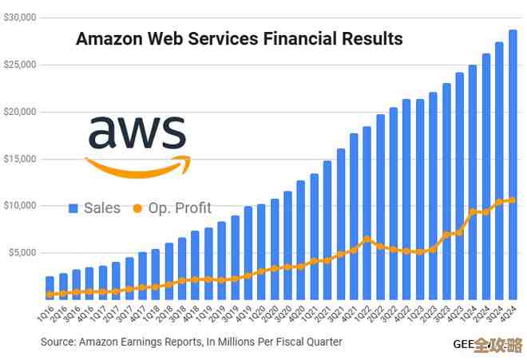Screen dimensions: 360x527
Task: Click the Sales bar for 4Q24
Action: [x=512, y=164]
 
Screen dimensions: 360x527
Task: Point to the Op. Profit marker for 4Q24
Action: [x=512, y=200]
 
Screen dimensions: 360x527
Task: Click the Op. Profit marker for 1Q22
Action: [x=367, y=239]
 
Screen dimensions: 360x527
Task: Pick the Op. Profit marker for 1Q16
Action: [x=50, y=294]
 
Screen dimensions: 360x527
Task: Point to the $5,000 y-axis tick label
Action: [x=22, y=253]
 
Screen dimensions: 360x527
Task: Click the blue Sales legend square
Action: [x=73, y=208]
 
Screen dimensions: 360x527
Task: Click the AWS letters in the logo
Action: [x=137, y=133]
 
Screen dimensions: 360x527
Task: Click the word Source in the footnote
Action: [x=58, y=342]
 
